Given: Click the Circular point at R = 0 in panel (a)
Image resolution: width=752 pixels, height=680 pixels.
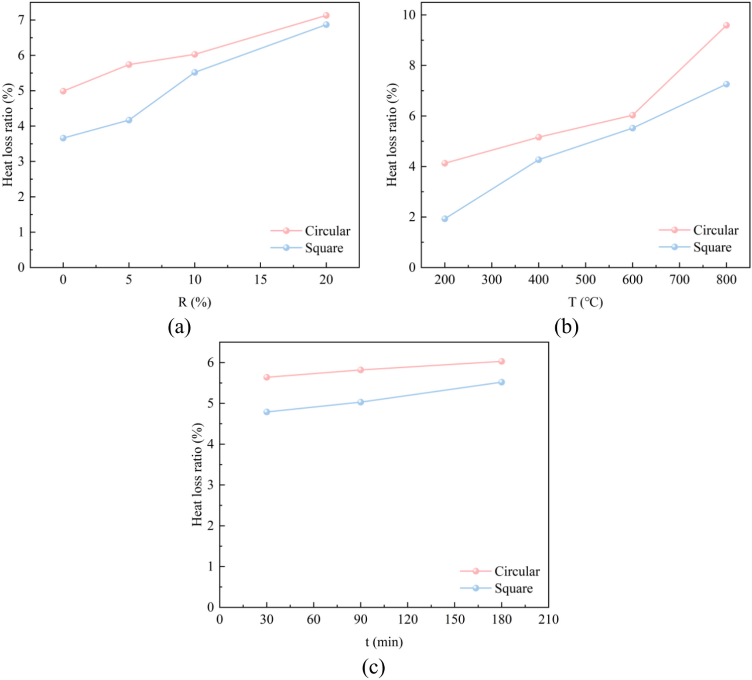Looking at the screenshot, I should (x=63, y=91).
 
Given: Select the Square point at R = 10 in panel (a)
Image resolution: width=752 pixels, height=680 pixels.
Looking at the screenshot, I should (x=195, y=72).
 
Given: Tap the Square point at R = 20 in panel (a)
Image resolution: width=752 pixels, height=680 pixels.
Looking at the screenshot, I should (x=326, y=25).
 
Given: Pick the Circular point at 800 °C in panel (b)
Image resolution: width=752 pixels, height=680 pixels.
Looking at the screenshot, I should (x=726, y=25).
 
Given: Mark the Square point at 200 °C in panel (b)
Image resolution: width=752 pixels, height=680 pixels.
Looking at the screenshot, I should (x=445, y=219).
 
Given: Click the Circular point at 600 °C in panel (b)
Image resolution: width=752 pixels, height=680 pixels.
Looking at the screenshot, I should (x=632, y=115).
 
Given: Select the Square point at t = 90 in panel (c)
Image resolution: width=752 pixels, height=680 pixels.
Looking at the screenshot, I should (x=361, y=402).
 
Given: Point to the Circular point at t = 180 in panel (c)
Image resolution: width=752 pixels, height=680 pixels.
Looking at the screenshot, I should (x=502, y=361).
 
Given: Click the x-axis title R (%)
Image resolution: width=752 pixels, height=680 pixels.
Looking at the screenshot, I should (x=195, y=302).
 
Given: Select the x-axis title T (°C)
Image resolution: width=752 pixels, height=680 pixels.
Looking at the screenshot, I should (x=585, y=302).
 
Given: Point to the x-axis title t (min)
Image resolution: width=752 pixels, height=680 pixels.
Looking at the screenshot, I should (x=384, y=642).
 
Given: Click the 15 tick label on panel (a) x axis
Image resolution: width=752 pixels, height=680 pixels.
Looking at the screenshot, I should (x=260, y=280).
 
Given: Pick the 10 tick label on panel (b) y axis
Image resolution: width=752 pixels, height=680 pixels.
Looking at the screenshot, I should (x=409, y=15).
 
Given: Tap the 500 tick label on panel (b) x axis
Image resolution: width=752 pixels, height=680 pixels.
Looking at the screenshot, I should (x=585, y=280).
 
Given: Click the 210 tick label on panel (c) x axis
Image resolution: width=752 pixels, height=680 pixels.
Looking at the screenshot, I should (x=548, y=619).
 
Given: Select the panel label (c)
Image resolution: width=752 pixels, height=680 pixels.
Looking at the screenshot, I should (x=373, y=667).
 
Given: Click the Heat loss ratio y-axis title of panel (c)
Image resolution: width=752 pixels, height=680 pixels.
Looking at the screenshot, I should (x=197, y=474).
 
